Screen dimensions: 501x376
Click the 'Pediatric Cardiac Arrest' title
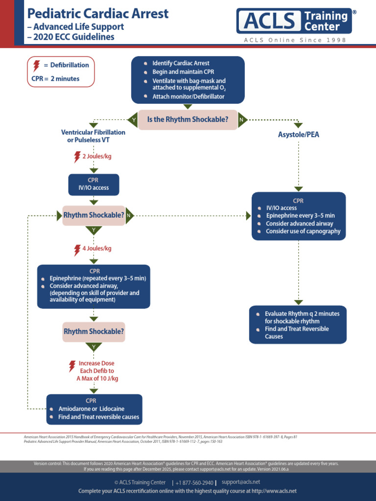pos(98,13)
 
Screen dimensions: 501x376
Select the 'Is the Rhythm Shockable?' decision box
pos(187,119)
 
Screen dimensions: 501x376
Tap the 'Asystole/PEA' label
pos(298,135)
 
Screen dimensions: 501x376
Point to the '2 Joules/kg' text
pos(96,157)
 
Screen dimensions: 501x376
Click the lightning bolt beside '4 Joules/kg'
pos(77,250)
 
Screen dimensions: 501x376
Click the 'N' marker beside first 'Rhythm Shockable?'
pos(129,215)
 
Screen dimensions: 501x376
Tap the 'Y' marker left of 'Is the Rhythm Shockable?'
pos(132,119)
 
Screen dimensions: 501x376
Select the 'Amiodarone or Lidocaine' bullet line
pos(91,409)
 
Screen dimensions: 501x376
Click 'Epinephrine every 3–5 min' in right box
pos(300,216)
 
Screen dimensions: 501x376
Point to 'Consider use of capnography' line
pos(303,231)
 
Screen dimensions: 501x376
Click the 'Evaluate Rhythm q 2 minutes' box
pos(298,324)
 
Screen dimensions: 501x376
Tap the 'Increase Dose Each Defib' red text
pos(97,371)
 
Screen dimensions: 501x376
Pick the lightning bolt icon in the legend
pos(36,65)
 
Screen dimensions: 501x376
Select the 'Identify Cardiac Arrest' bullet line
pos(181,64)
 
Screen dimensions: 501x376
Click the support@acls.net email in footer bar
pos(240,482)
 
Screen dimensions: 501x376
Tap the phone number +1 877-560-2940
pos(194,482)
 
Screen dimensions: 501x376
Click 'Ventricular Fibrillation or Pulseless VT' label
pos(93,136)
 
